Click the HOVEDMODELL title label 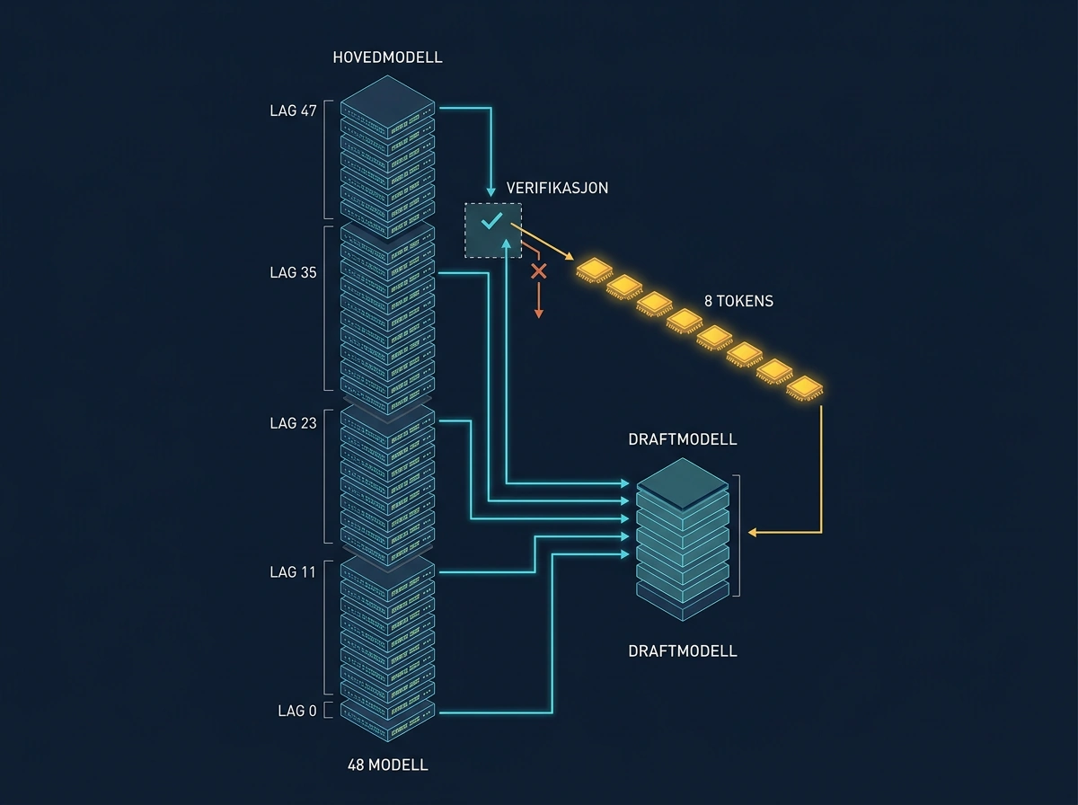click(x=387, y=57)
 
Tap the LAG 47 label click(x=293, y=111)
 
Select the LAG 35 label click(x=293, y=272)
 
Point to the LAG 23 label click(x=293, y=423)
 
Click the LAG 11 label click(x=293, y=572)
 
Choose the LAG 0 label click(x=297, y=711)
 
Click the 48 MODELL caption click(x=387, y=765)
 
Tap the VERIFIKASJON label click(x=557, y=188)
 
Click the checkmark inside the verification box click(x=491, y=221)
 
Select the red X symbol click(x=539, y=271)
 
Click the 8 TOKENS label click(x=738, y=301)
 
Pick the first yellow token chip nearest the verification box click(x=595, y=270)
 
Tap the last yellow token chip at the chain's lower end click(x=804, y=388)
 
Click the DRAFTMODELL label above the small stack click(x=683, y=439)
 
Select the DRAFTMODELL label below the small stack click(x=683, y=651)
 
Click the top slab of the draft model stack click(x=683, y=483)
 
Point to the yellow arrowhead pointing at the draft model click(x=752, y=532)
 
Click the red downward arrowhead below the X click(x=539, y=314)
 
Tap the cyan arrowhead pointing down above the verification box click(x=490, y=191)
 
